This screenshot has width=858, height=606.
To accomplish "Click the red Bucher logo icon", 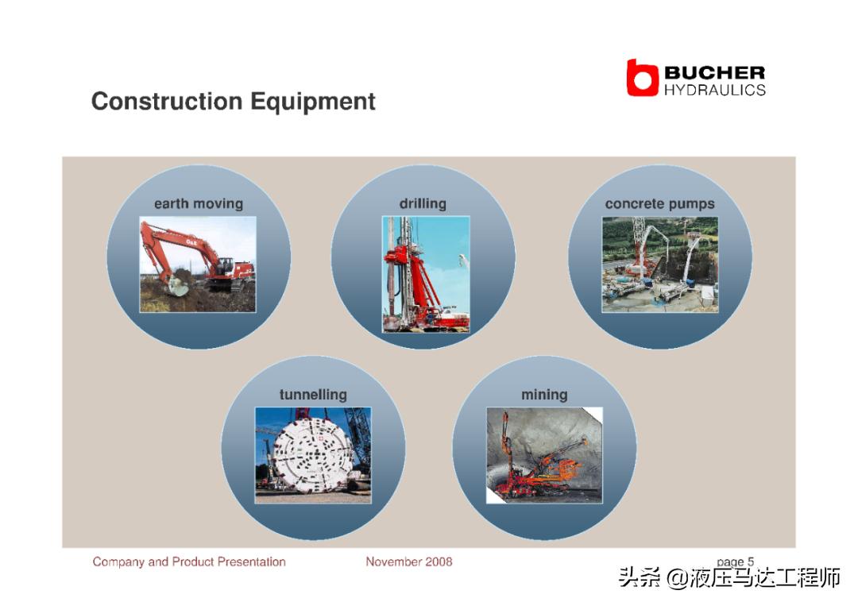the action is (642, 78).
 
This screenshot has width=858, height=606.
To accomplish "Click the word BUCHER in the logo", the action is (715, 72).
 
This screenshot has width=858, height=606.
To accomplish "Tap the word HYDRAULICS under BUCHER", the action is (715, 91).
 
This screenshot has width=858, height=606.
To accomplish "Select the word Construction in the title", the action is (167, 101).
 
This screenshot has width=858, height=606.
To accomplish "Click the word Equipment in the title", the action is (313, 102).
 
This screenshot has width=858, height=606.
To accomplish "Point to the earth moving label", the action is (199, 203).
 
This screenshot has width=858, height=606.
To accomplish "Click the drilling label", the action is (423, 203).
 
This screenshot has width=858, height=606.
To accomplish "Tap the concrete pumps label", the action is (660, 204).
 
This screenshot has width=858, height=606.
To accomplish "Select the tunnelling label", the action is (313, 395).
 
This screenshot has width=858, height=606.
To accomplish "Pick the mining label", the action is (544, 395).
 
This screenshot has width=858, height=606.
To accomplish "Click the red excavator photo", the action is (198, 264).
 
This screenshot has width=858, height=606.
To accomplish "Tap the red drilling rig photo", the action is (426, 275).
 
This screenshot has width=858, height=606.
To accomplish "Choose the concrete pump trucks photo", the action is (660, 264).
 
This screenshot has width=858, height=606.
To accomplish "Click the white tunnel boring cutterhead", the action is (311, 456).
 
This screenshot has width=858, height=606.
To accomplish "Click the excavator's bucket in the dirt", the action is (179, 285).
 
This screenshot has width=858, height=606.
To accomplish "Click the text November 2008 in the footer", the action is (409, 562).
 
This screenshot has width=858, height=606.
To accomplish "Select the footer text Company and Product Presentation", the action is (189, 562).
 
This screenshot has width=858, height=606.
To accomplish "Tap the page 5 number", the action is (736, 562).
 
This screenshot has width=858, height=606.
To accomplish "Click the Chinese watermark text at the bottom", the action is (729, 578).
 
